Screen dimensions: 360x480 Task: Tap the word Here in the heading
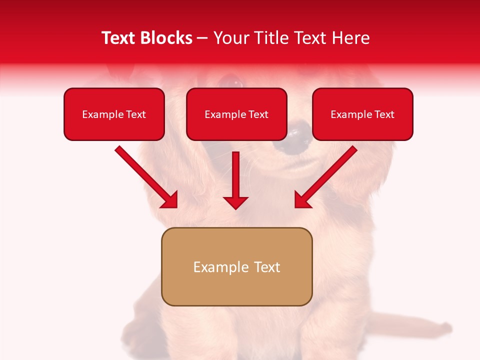[x=350, y=38]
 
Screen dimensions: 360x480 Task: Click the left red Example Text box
[x=114, y=114]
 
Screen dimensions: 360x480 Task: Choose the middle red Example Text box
[x=236, y=114]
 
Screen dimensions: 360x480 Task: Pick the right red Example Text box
[x=362, y=114]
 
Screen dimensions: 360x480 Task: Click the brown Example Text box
[x=236, y=267]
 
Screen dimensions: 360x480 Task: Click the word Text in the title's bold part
[x=118, y=38]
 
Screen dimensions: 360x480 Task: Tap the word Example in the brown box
[x=214, y=267]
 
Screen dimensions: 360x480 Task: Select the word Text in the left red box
[x=135, y=114]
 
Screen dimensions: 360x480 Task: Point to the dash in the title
[x=202, y=38]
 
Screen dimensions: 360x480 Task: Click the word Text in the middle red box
[x=258, y=114]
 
